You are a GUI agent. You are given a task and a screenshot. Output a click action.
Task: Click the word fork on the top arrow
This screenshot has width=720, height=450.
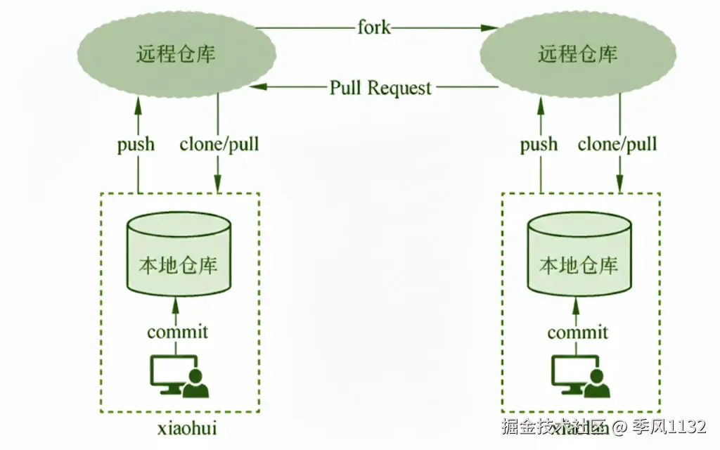pyautogui.click(x=373, y=28)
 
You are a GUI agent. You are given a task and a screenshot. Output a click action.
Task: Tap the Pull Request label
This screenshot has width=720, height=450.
pyautogui.click(x=380, y=88)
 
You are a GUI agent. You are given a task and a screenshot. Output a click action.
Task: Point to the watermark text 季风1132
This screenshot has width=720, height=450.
pyautogui.click(x=668, y=427)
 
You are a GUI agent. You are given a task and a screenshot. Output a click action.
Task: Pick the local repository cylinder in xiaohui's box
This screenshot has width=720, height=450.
pyautogui.click(x=179, y=255)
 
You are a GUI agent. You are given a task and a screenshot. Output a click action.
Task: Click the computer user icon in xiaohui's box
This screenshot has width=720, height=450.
pyautogui.click(x=179, y=377)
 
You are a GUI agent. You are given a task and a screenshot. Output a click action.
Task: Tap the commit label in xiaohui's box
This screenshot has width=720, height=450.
pyautogui.click(x=178, y=331)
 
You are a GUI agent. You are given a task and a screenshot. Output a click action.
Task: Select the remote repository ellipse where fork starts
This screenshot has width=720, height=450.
pyautogui.click(x=176, y=54)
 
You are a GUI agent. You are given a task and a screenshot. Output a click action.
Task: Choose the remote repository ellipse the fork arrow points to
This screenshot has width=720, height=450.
pyautogui.click(x=577, y=54)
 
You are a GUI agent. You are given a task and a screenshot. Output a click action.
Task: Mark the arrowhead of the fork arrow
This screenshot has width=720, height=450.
pyautogui.click(x=484, y=28)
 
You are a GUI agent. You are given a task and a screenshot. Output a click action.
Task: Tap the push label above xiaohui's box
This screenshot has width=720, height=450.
pyautogui.click(x=136, y=145)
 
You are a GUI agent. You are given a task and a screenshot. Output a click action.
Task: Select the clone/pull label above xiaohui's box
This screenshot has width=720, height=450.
pyautogui.click(x=219, y=145)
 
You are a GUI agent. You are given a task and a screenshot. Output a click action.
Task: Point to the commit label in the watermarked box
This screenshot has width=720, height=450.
pyautogui.click(x=578, y=332)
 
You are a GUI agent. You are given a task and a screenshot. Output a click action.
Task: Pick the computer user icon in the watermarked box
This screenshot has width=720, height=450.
pyautogui.click(x=580, y=377)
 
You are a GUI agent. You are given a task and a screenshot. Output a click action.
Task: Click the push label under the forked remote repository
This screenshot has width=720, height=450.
pyautogui.click(x=539, y=145)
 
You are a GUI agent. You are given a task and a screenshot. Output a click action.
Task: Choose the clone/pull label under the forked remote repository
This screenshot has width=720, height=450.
pyautogui.click(x=617, y=145)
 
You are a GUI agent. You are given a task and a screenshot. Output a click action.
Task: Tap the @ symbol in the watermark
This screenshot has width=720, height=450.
pyautogui.click(x=619, y=427)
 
